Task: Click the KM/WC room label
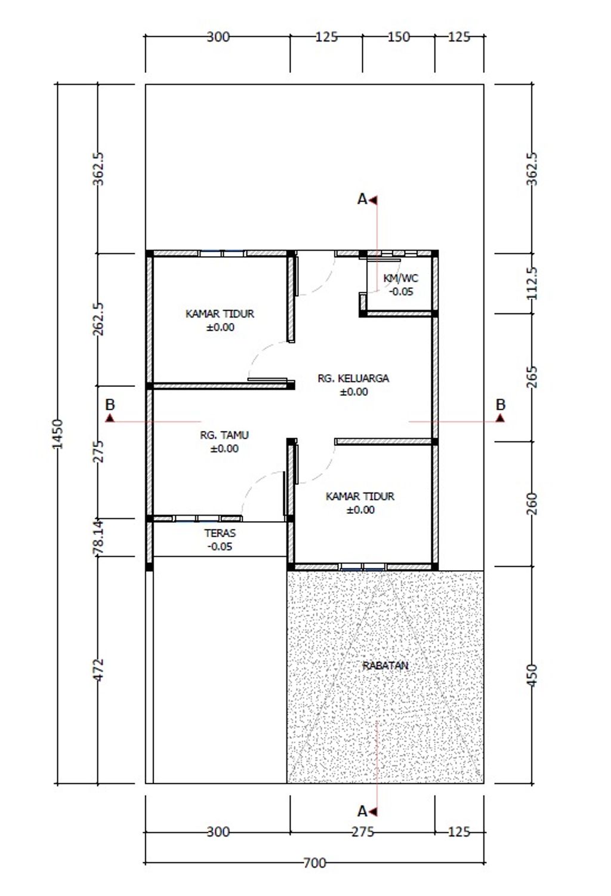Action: tap(400, 278)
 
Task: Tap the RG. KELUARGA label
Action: tap(353, 378)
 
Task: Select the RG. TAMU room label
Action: tap(224, 435)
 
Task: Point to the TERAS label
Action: tap(220, 533)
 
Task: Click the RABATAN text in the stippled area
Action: tap(385, 666)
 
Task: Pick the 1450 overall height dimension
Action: tap(58, 434)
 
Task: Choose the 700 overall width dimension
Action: tap(314, 863)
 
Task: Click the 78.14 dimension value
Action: tap(98, 537)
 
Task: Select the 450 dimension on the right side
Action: tap(532, 676)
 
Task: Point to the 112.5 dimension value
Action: tap(532, 283)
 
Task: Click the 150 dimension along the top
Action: tap(399, 37)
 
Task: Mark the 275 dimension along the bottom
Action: tap(363, 832)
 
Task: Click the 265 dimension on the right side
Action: tap(532, 377)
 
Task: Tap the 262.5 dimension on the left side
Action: tap(98, 319)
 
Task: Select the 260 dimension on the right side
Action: tap(532, 504)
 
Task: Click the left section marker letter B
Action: tap(110, 404)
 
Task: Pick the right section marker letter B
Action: tap(501, 404)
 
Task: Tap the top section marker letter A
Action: tap(362, 199)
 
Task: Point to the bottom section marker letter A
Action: tap(362, 811)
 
